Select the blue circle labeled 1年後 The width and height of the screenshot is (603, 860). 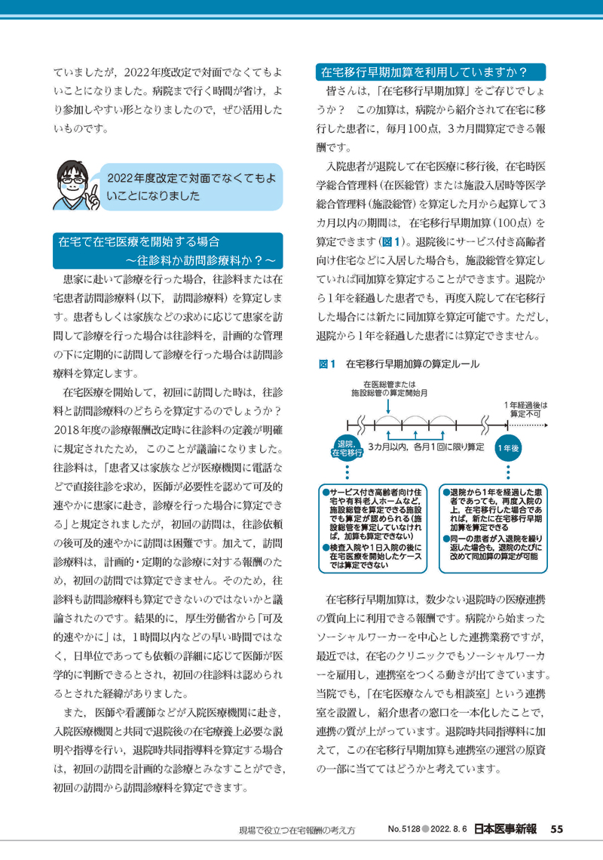click(508, 448)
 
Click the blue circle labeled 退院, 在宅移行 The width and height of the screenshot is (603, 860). click(347, 448)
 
